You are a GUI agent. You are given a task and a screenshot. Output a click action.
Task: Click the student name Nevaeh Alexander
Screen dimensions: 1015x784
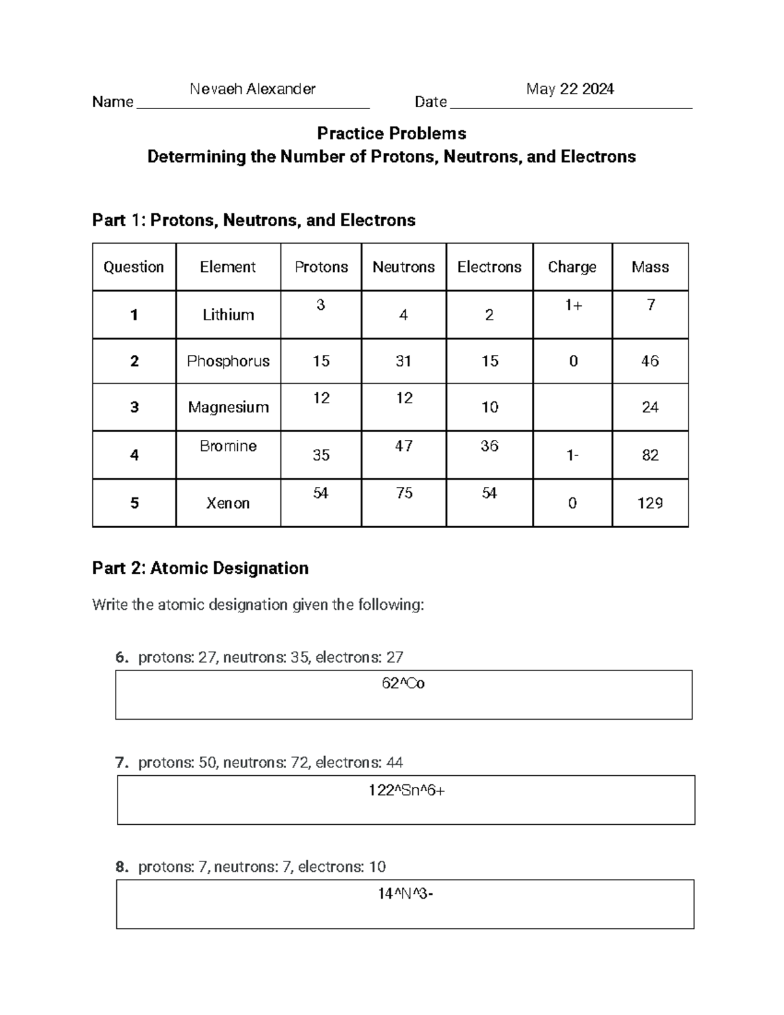pos(252,89)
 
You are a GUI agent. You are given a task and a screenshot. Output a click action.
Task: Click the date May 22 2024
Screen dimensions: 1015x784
pos(570,89)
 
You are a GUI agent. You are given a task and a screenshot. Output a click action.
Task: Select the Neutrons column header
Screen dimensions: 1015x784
pos(403,267)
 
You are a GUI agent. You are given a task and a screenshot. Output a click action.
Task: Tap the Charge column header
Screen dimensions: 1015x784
pos(572,267)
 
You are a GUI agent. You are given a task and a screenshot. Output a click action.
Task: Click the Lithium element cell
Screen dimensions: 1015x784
pos(228,315)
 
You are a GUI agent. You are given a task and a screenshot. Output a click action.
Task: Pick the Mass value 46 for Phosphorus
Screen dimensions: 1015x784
pos(649,361)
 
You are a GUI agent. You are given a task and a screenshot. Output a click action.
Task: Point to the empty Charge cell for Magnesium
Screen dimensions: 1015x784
pos(572,407)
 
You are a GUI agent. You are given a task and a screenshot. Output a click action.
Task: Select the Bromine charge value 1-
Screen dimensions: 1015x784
pos(572,455)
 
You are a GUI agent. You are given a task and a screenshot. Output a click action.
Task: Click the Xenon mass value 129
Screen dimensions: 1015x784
pos(649,503)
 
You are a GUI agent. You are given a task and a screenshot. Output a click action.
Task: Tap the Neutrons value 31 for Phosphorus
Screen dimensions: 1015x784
pos(403,361)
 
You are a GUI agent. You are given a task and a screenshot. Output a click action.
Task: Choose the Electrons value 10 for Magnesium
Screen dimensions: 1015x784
pos(489,407)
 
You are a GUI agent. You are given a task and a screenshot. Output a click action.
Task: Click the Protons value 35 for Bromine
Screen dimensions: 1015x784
pos(321,455)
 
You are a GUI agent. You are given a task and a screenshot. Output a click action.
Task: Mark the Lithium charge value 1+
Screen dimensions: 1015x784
pos(573,305)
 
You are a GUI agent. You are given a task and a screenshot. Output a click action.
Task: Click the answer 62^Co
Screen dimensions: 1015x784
pos(403,684)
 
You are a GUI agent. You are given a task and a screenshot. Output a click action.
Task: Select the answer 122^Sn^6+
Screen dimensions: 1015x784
pos(406,791)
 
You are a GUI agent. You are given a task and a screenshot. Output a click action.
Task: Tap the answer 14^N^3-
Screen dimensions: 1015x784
pos(405,893)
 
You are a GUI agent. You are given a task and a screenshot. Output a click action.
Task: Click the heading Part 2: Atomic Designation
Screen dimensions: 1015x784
pos(200,568)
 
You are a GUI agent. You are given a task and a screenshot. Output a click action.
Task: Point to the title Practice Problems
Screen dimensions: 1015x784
pos(391,133)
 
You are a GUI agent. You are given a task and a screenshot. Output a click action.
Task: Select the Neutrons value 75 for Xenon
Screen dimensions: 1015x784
pos(404,493)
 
